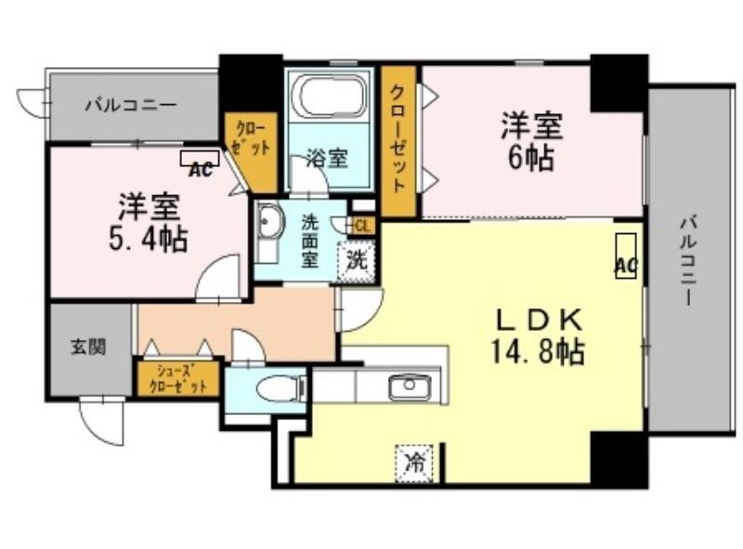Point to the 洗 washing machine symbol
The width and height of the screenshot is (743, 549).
pyautogui.click(x=357, y=260)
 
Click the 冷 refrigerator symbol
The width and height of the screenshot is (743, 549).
pyautogui.click(x=414, y=464)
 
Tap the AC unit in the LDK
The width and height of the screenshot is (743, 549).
pyautogui.click(x=626, y=255)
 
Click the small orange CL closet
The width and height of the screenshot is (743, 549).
pyautogui.click(x=361, y=226)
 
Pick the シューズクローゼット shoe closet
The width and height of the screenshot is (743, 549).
pyautogui.click(x=178, y=379)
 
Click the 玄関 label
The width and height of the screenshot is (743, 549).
pyautogui.click(x=88, y=347)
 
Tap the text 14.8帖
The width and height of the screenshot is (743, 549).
pyautogui.click(x=538, y=351)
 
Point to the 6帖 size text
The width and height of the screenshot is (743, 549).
pyautogui.click(x=531, y=157)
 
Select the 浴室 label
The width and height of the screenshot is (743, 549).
pyautogui.click(x=328, y=158)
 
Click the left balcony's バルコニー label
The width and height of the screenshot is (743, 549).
pyautogui.click(x=131, y=104)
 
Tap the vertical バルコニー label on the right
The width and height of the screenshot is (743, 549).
pyautogui.click(x=688, y=260)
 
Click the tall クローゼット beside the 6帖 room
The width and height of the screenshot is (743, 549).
pyautogui.click(x=398, y=141)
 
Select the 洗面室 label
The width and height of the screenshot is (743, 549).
pyautogui.click(x=310, y=241)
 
